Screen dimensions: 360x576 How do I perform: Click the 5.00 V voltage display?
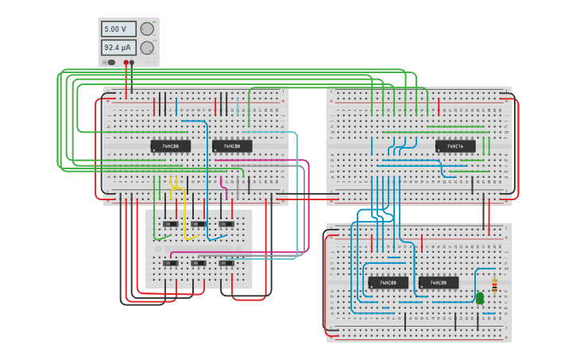(x=118, y=29)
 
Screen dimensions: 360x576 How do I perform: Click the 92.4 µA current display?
(x=118, y=48)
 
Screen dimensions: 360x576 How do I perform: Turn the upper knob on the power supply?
(x=147, y=29)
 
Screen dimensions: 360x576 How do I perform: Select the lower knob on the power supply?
(x=147, y=48)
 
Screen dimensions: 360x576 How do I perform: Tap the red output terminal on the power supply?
(x=126, y=62)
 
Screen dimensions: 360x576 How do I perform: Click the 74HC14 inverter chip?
(x=455, y=146)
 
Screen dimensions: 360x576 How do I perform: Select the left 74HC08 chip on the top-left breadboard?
(x=171, y=146)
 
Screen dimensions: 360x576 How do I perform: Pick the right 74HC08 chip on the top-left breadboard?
(x=232, y=146)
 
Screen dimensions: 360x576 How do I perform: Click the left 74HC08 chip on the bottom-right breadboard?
(x=388, y=282)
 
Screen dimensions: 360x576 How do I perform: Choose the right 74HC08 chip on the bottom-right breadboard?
(x=439, y=282)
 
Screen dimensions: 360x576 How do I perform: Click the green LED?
(x=480, y=298)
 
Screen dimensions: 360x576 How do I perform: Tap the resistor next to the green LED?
(x=494, y=285)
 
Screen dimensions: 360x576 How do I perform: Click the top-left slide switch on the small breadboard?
(x=170, y=224)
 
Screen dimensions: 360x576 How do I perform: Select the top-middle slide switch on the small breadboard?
(x=198, y=224)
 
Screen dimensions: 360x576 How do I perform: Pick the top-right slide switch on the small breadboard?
(x=226, y=224)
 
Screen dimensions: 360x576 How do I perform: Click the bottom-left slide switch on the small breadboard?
(x=170, y=263)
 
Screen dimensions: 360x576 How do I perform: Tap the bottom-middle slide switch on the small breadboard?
(x=198, y=263)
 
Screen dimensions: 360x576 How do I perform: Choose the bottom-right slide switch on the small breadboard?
(x=226, y=263)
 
